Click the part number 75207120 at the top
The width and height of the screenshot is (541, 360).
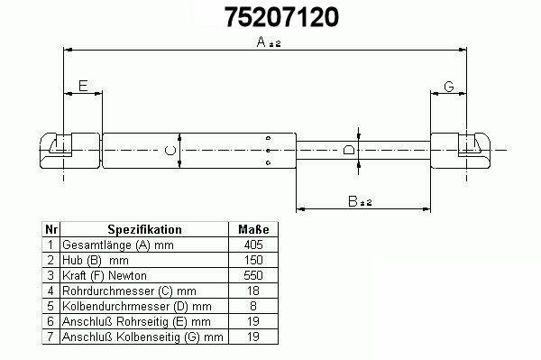(282, 17)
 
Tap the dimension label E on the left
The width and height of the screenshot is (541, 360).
(83, 86)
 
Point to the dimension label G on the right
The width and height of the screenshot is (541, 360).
(448, 87)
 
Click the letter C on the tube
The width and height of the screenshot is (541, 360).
(170, 151)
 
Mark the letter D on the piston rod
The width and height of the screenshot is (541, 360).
(348, 150)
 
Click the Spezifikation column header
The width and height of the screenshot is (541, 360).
(144, 229)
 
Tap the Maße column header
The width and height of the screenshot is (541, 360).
(253, 229)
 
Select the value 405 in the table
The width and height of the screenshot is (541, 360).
(253, 245)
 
